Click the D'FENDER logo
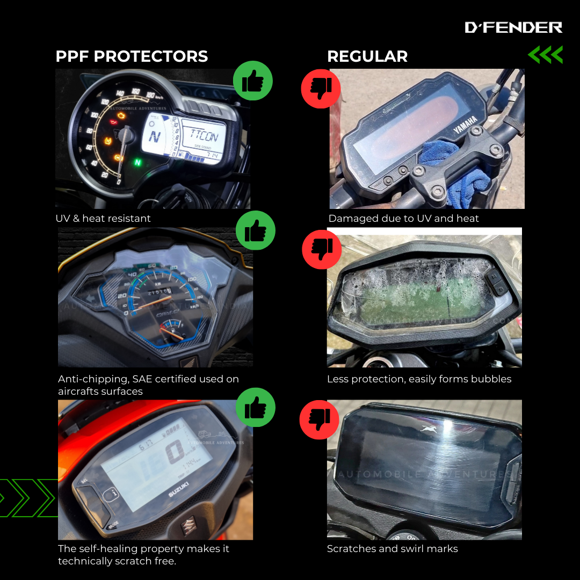513,27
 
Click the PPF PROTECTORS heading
132,56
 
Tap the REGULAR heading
367,56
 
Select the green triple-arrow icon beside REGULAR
545,55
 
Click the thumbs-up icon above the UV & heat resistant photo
253,82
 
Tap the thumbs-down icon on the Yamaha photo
321,89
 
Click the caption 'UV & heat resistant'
103,219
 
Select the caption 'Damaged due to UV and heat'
403,219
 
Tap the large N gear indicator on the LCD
156,136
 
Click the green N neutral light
137,162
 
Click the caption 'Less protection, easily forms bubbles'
419,379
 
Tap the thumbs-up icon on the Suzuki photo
255,407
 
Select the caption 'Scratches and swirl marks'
392,549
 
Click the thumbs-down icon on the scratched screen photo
321,419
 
